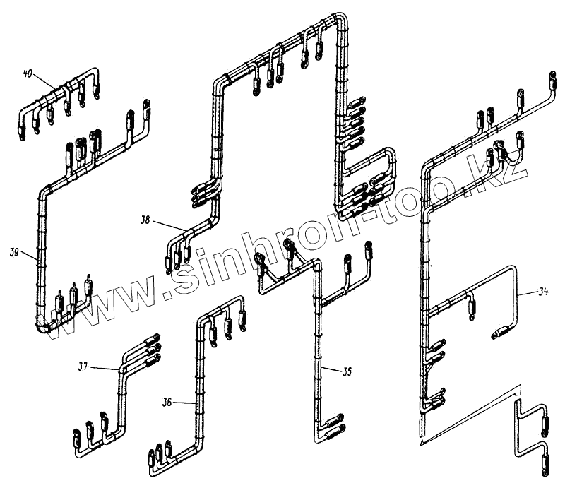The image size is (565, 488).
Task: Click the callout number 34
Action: pyautogui.click(x=542, y=290)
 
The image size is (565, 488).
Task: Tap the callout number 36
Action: pyautogui.click(x=167, y=403)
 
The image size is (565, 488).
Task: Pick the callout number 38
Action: pyautogui.click(x=145, y=220)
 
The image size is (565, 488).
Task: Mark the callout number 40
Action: pyautogui.click(x=28, y=73)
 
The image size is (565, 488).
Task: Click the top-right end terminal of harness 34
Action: pyautogui.click(x=552, y=77)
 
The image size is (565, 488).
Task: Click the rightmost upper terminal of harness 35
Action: pyautogui.click(x=367, y=249)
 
